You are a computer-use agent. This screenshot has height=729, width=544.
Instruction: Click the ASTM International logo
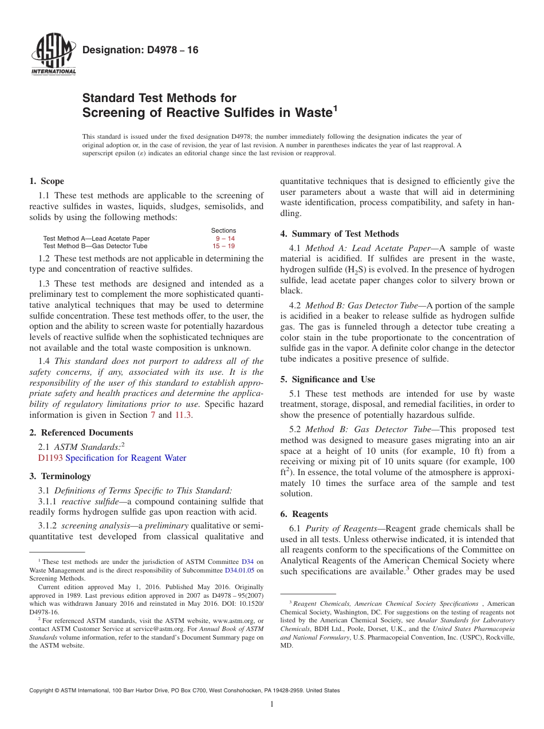click(53, 55)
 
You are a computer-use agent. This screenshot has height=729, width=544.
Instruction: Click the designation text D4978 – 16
click(140, 50)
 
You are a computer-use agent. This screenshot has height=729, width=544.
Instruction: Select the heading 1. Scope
click(46, 181)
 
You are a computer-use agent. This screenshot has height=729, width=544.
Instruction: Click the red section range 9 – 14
click(225, 238)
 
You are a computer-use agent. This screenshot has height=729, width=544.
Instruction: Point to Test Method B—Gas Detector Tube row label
click(95, 246)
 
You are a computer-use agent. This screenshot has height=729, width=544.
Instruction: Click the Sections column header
click(223, 230)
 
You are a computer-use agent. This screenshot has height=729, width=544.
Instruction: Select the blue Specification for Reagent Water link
click(126, 458)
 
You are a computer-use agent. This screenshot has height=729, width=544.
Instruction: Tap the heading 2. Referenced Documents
click(81, 433)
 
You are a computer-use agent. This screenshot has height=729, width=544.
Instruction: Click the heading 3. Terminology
click(60, 476)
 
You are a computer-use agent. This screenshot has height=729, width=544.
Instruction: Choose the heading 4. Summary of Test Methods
click(340, 234)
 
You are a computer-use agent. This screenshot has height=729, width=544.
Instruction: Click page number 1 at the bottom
click(272, 704)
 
